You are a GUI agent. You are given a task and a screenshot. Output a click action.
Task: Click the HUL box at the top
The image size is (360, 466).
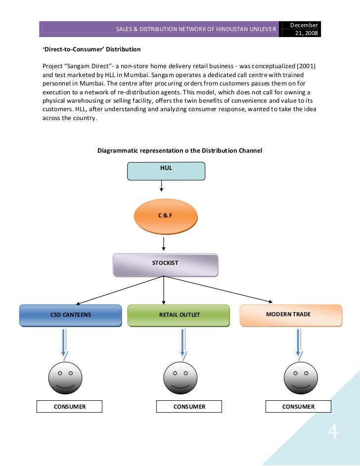coord(166,170)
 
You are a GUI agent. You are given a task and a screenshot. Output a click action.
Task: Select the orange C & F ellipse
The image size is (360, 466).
coord(165,216)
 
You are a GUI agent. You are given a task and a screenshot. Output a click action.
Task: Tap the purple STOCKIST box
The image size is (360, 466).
coord(165,264)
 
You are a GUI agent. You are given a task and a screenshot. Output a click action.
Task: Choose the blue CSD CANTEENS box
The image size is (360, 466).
coord(70,315)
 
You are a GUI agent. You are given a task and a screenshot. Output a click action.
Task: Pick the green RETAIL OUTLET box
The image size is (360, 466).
coord(179,315)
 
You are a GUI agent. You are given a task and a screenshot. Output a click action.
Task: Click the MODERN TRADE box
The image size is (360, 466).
coord(291,315)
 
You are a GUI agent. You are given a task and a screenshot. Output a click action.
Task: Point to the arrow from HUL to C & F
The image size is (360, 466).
coord(162,186)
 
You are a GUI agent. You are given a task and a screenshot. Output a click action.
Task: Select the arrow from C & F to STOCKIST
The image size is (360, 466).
coord(164,243)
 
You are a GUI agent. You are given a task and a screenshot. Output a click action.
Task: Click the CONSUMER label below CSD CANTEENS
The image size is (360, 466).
coord(70,407)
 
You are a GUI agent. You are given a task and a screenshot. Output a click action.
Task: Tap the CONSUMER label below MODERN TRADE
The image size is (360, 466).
coord(298,407)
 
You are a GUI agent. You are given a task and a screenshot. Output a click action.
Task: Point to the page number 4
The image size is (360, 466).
coord(333,433)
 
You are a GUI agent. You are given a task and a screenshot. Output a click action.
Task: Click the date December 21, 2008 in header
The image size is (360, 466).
coord(305,29)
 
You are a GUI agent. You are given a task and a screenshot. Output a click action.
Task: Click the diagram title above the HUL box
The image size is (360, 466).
coord(180,150)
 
